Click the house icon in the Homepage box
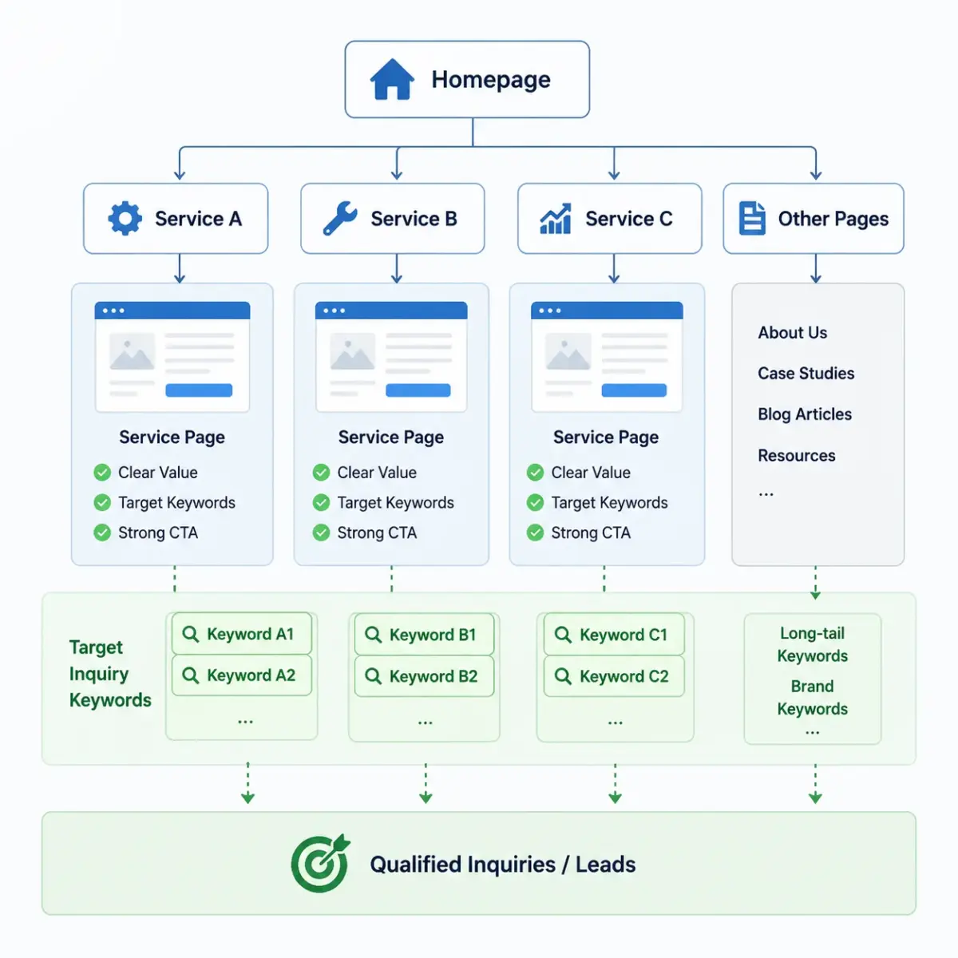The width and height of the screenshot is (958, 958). coord(392,79)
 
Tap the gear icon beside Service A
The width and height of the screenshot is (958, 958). coord(125,218)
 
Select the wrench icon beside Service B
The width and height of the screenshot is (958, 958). coord(340,218)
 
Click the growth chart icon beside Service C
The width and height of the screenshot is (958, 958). coord(556,218)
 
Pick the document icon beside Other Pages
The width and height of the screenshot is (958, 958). coord(752,218)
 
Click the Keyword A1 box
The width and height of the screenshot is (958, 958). coord(242,633)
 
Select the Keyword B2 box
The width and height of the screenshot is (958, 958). coord(424,675)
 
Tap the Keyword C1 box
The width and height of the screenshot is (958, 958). coord(614,634)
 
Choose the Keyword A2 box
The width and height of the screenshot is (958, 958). coord(242,675)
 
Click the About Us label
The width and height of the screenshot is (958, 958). coord(793,332)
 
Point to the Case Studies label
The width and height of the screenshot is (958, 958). coord(806,373)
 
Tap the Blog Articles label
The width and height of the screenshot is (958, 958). coord(805,414)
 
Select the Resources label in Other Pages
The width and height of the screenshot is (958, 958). coord(797,455)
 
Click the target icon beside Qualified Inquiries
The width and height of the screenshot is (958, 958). coord(321,864)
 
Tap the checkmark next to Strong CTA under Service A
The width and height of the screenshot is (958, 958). coord(102,532)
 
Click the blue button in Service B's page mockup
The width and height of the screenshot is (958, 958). coord(418,390)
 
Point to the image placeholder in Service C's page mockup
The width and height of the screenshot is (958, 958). coord(568,351)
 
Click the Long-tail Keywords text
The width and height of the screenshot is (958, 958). coord(813,644)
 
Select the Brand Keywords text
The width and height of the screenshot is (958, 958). coord(813,697)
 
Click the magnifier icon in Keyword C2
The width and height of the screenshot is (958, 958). coord(564,676)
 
